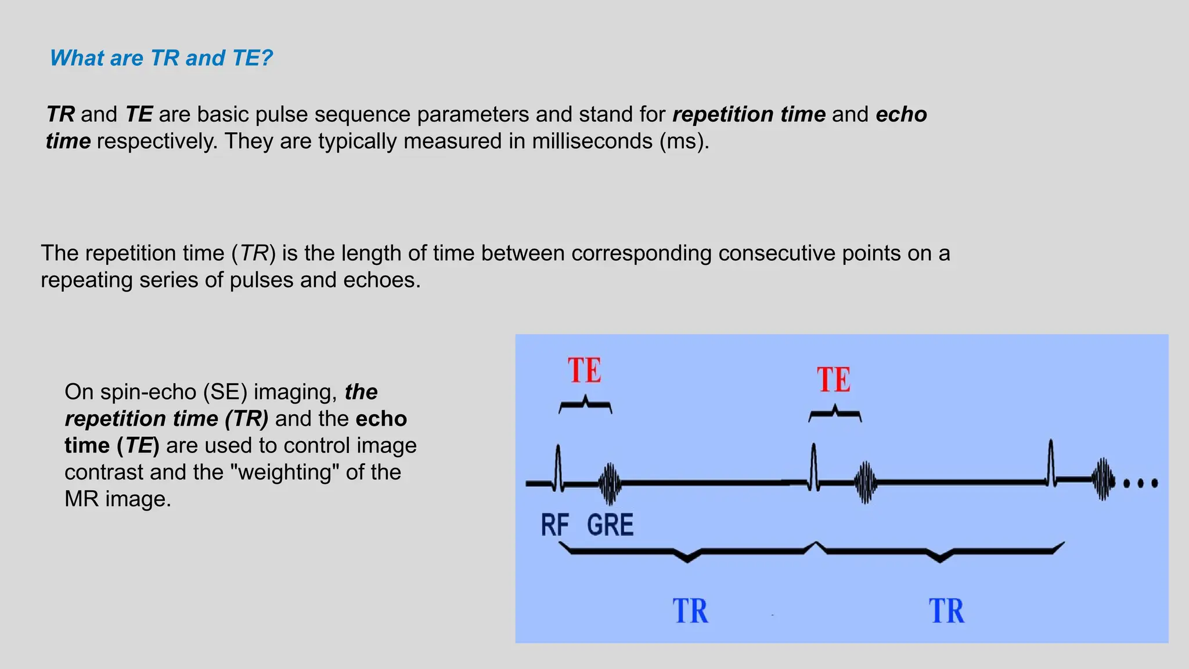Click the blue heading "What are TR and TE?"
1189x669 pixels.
coord(161,58)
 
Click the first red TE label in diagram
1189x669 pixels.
coord(584,371)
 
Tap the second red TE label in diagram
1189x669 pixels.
coord(834,380)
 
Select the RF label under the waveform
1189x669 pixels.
coord(554,525)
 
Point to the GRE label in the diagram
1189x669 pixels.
coord(610,525)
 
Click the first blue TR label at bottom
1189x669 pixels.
coord(690,612)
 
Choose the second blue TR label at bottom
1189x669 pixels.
coord(946,612)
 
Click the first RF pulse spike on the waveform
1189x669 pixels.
coord(558,465)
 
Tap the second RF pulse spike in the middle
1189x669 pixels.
coord(814,465)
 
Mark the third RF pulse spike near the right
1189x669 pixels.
coord(1051,462)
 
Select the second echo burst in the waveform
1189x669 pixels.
coord(866,483)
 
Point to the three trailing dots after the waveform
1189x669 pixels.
coord(1140,483)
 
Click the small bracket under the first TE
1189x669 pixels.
coord(585,405)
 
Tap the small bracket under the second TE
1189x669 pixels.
coord(835,413)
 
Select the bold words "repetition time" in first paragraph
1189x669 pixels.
coord(748,114)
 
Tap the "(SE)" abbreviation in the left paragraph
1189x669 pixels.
coord(225,392)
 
